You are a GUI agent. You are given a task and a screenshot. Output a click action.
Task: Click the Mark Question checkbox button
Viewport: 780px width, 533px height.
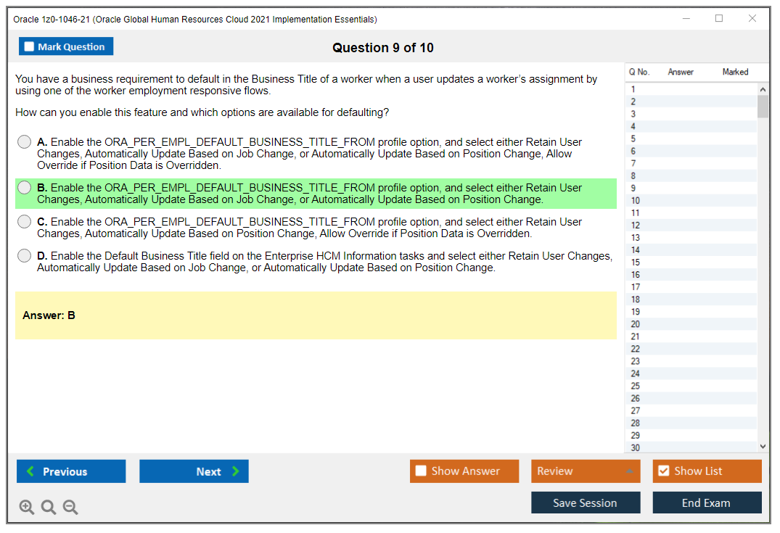65,46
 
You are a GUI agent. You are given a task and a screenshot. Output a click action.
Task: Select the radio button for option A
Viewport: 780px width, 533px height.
25,142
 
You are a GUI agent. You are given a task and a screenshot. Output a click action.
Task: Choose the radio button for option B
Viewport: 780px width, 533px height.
25,187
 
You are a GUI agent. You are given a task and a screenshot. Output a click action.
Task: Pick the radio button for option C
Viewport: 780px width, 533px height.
25,222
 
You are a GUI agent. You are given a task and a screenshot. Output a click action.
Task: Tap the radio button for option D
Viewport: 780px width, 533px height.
25,255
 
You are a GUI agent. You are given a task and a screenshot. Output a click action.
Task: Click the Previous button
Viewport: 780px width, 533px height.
71,471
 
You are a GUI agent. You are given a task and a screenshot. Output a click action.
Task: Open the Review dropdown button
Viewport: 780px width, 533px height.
586,471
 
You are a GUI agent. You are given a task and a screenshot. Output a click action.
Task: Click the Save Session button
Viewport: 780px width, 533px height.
586,503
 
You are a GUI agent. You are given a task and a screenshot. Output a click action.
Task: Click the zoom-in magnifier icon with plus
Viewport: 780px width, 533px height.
27,507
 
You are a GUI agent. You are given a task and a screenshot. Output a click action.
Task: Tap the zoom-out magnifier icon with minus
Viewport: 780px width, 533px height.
70,507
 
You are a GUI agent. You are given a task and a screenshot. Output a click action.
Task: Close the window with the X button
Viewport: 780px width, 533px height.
752,18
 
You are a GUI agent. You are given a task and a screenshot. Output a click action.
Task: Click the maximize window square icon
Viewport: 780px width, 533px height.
719,18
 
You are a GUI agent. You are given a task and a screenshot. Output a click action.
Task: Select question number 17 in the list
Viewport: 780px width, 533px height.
635,287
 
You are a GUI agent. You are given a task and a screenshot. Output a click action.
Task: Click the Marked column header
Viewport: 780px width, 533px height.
735,72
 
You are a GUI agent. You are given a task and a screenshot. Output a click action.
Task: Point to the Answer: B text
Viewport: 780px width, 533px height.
49,315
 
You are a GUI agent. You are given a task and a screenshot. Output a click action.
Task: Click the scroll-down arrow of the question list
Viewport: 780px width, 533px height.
763,447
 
